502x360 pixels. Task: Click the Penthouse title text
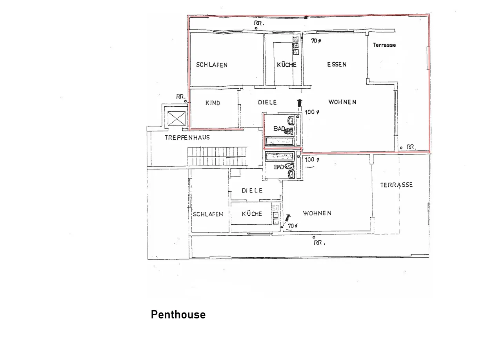(x=178, y=315)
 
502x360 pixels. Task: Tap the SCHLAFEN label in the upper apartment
(x=211, y=65)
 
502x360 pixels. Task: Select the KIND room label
(x=213, y=103)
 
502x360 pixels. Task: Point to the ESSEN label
(x=336, y=65)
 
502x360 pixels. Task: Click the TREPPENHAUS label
(x=187, y=137)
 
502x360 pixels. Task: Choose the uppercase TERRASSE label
(x=396, y=185)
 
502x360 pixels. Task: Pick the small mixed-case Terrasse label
(x=384, y=45)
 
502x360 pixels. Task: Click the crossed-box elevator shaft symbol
(x=176, y=119)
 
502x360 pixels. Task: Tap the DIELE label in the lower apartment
(x=252, y=191)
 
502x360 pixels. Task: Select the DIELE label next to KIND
(x=267, y=102)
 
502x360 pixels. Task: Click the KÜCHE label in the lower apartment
(x=252, y=214)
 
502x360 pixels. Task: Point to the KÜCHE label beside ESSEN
(x=287, y=65)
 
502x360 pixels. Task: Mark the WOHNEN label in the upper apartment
(x=342, y=102)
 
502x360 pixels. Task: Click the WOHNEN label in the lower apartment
(x=317, y=213)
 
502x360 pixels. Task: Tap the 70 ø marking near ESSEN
(x=316, y=41)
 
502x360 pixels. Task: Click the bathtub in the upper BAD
(x=280, y=141)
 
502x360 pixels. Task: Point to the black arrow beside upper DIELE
(x=299, y=104)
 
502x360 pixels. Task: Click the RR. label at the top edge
(x=258, y=23)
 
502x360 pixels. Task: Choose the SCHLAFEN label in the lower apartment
(x=208, y=214)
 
